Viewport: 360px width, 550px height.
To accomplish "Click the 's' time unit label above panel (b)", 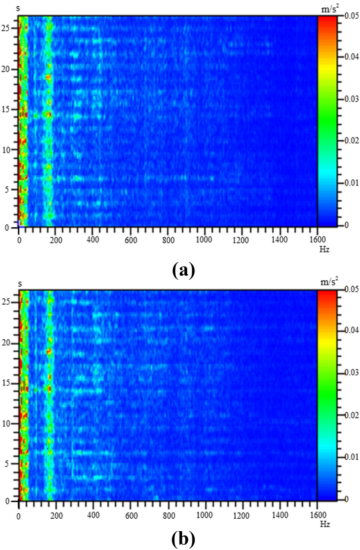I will click(20, 284).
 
